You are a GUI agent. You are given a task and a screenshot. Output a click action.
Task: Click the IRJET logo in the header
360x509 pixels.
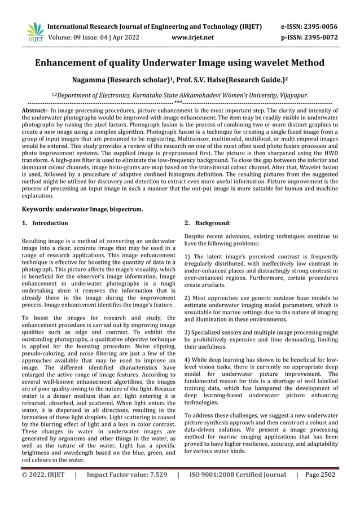(35, 32)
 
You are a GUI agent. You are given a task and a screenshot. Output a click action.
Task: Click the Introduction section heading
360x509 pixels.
(50, 223)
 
